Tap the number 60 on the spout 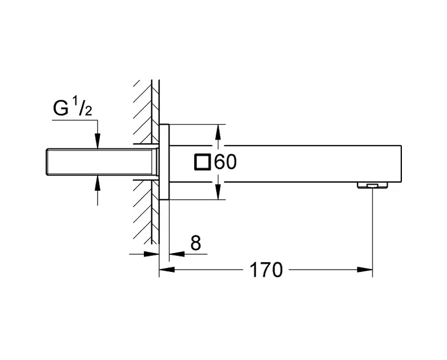pyautogui.click(x=225, y=163)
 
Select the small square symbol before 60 pyautogui.click(x=202, y=163)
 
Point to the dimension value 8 pyautogui.click(x=195, y=243)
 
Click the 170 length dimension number pyautogui.click(x=265, y=269)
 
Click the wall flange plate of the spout pyautogui.click(x=164, y=162)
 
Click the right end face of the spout pyautogui.click(x=402, y=163)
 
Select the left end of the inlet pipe pyautogui.click(x=46, y=162)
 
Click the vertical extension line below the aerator pyautogui.click(x=372, y=229)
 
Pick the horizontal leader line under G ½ pyautogui.click(x=74, y=121)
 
